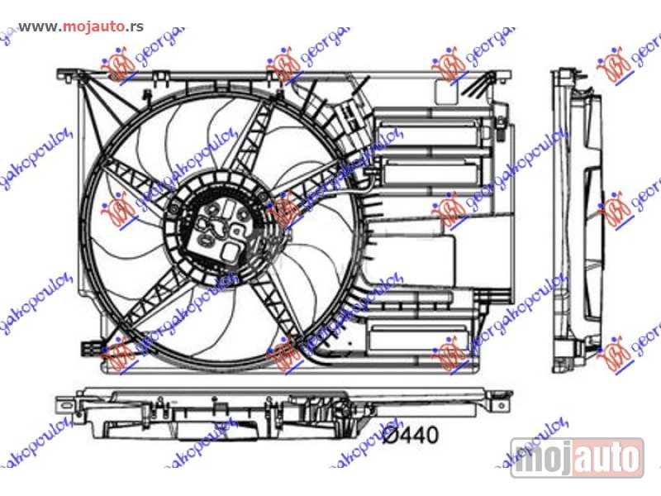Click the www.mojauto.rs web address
80,26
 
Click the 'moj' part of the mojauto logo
543,457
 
